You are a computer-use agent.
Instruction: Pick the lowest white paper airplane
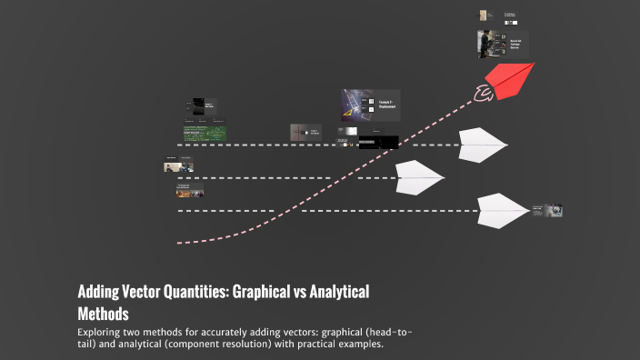(x=501, y=210)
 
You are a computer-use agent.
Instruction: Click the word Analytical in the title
(x=340, y=293)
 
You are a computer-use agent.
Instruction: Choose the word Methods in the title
(x=104, y=313)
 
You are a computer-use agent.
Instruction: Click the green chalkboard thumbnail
(x=205, y=134)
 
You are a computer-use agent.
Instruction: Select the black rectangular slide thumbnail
(x=378, y=142)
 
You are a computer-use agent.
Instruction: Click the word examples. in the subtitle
(x=363, y=344)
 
